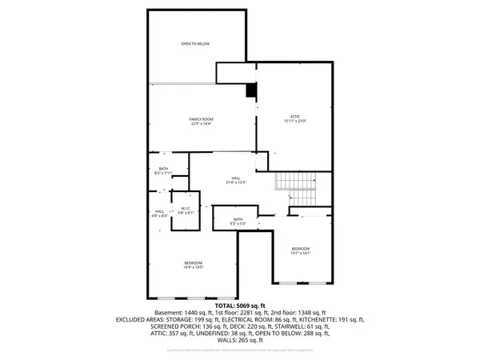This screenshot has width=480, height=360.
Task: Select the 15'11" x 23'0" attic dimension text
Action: (x=295, y=122)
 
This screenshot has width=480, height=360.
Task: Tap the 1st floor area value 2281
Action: (x=226, y=311)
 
